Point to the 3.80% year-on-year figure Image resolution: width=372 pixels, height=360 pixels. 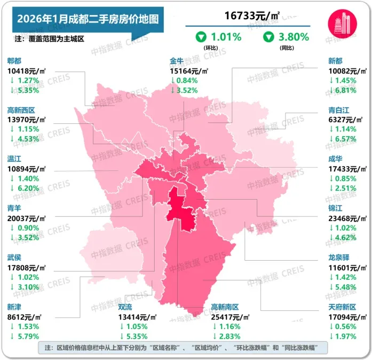point(292,37)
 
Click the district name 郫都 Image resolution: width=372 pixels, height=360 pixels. point(15,61)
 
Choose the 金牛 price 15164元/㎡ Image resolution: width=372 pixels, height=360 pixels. point(189,71)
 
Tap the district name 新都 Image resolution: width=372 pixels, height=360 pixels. point(337,61)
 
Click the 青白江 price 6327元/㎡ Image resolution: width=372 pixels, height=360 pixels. point(349,119)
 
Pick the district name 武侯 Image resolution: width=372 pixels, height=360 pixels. point(15,257)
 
